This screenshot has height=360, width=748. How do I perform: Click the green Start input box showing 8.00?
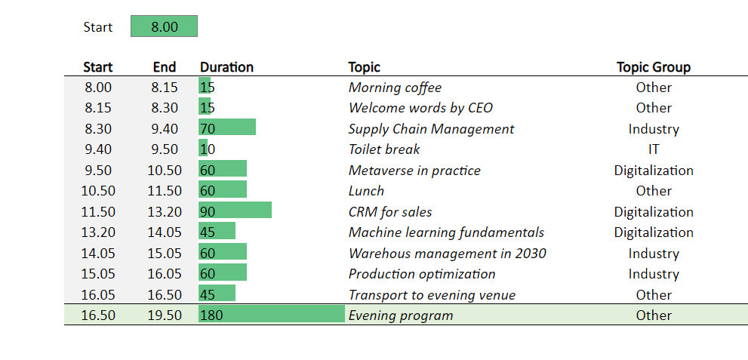click(x=164, y=26)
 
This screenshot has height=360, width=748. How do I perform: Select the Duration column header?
click(x=226, y=67)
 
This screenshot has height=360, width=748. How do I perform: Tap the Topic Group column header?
click(x=654, y=67)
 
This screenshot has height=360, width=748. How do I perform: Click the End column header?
click(x=165, y=67)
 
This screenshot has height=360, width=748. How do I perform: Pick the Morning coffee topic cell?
click(x=395, y=88)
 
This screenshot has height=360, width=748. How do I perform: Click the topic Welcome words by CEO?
click(x=420, y=108)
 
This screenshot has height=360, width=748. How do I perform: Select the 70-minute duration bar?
click(x=227, y=128)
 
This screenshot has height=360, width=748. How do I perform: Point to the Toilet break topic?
click(x=384, y=149)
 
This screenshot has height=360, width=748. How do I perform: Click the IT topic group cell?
click(x=654, y=149)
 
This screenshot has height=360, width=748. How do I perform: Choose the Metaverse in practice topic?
click(x=414, y=171)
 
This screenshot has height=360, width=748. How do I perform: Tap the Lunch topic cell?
click(x=366, y=191)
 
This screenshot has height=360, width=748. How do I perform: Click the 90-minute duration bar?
click(x=235, y=211)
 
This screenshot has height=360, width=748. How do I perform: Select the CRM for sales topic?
click(x=391, y=212)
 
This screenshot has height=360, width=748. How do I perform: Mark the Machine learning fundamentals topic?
click(x=447, y=232)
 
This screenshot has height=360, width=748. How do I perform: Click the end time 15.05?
click(x=165, y=253)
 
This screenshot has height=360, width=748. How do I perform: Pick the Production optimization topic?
click(x=422, y=274)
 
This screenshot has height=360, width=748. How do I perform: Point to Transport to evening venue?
click(x=432, y=295)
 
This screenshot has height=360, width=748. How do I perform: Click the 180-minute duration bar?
click(x=272, y=314)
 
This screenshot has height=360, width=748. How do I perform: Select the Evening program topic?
click(x=401, y=315)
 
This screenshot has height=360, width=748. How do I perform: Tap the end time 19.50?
click(x=165, y=315)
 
